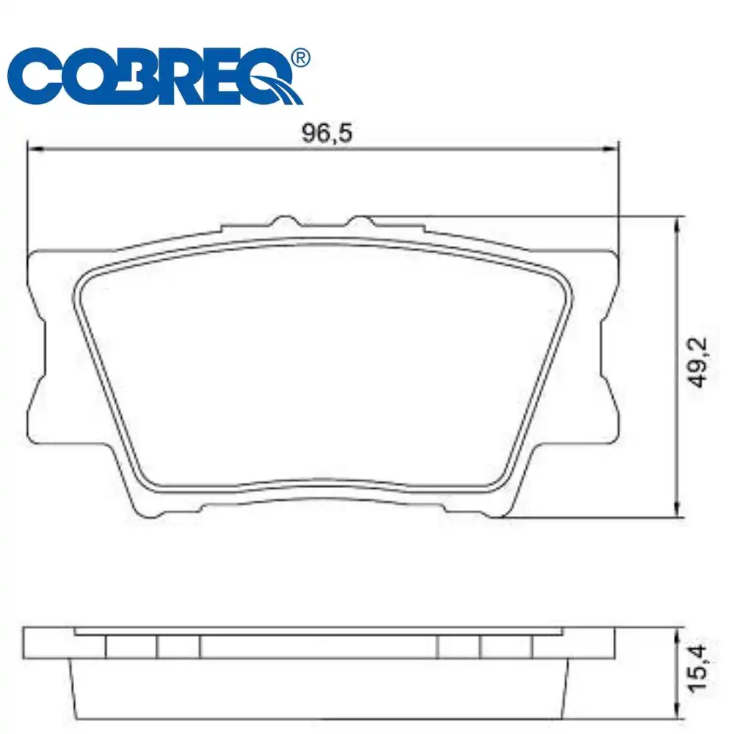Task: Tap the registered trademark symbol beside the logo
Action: point(300,57)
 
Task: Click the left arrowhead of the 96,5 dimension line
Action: point(34,149)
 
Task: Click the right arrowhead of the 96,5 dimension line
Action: point(613,149)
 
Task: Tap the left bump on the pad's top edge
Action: point(283,222)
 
